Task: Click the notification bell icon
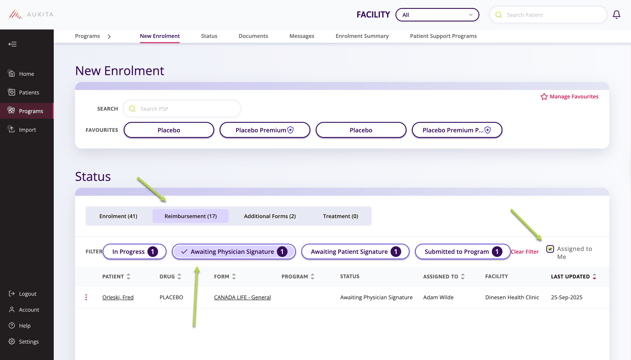[x=616, y=15]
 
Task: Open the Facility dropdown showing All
[x=437, y=15]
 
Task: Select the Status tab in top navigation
[x=209, y=36]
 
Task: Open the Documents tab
[x=253, y=36]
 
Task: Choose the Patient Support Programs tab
[x=443, y=36]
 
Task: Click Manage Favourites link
[x=570, y=97]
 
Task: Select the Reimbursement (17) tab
[x=190, y=216]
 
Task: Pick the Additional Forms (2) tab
[x=270, y=216]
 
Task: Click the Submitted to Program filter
[x=462, y=252]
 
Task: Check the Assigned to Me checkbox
[x=550, y=249]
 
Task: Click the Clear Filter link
[x=525, y=252]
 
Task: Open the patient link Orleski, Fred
[x=118, y=297]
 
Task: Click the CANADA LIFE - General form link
[x=242, y=297]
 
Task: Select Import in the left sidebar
[x=27, y=129]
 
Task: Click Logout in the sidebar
[x=27, y=294]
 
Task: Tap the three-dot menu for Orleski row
[x=86, y=297]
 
